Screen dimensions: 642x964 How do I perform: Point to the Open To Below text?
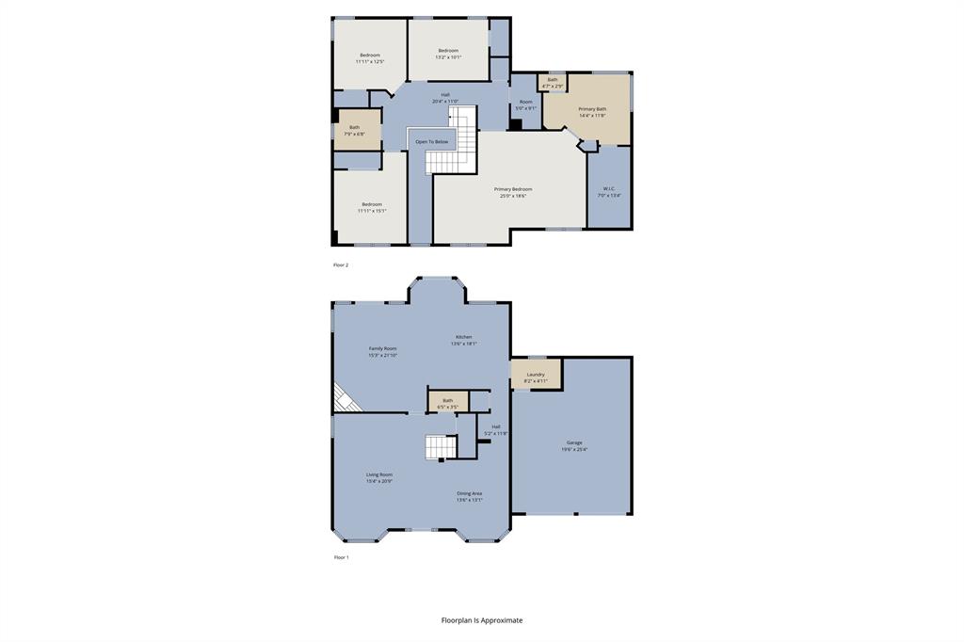pos(432,142)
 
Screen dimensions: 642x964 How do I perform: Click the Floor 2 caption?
pos(341,265)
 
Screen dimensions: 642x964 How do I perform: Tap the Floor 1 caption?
pos(341,557)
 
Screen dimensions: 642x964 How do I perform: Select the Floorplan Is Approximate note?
pos(482,620)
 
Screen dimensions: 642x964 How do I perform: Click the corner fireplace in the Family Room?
pos(345,399)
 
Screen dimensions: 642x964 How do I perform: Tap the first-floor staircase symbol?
pos(440,447)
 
